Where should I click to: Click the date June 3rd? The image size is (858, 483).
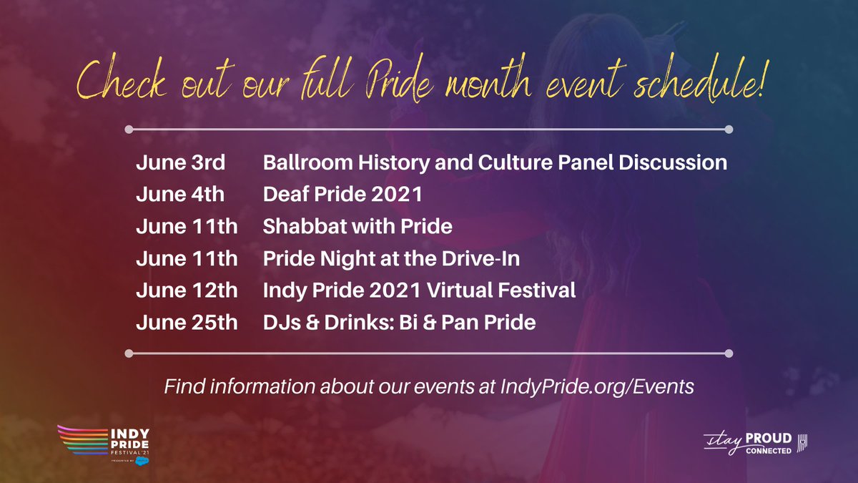180,163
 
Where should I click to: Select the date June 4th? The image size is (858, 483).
180,195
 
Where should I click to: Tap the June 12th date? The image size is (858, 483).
186,291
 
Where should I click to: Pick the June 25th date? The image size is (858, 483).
186,323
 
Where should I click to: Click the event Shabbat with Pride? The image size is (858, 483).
357,228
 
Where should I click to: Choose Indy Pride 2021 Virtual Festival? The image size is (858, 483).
419,291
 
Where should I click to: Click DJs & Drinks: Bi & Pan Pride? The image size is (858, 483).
399,323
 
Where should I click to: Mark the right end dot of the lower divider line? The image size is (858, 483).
729,353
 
